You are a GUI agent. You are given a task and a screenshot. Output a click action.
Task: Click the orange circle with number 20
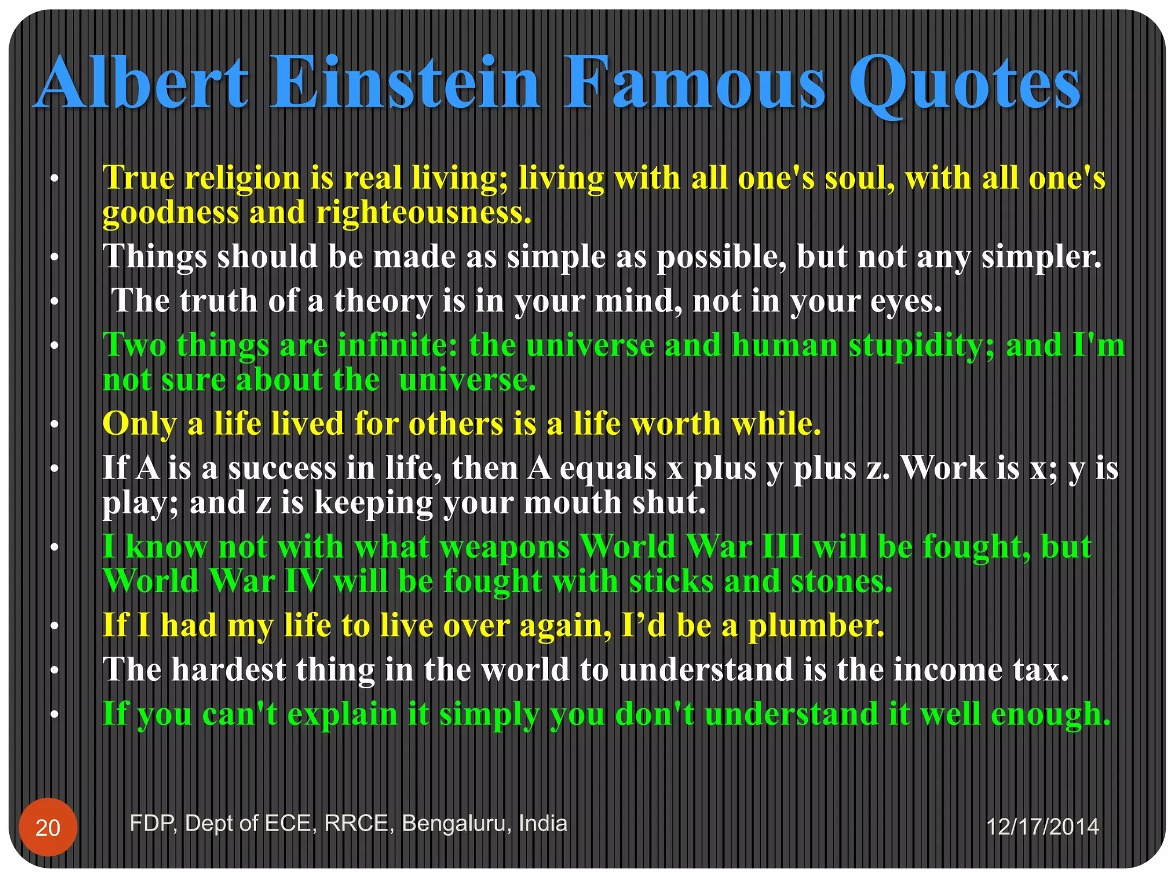pyautogui.click(x=48, y=827)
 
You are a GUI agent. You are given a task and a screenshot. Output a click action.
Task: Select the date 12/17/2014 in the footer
pyautogui.click(x=1042, y=827)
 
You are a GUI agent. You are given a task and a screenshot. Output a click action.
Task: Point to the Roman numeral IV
pyautogui.click(x=304, y=581)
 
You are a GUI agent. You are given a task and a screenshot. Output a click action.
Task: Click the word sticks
pyautogui.click(x=671, y=581)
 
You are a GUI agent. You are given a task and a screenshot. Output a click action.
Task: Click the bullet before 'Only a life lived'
pyautogui.click(x=55, y=424)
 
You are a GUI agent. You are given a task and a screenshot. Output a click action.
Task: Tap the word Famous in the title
pyautogui.click(x=695, y=83)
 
